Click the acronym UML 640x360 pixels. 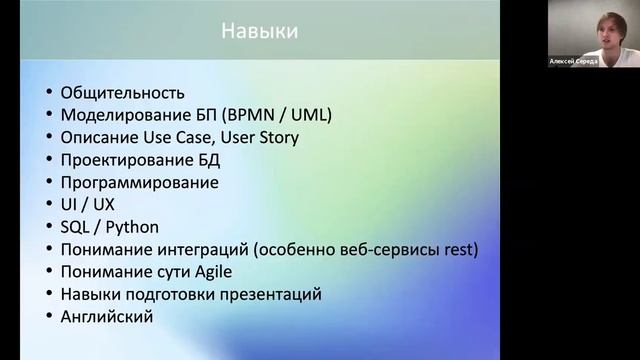(x=310, y=115)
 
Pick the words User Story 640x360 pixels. (x=264, y=138)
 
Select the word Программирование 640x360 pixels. (x=139, y=183)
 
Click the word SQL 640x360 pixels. (x=76, y=227)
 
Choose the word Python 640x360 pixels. (x=133, y=227)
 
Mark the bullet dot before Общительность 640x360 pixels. (x=50, y=94)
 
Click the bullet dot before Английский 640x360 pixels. (x=50, y=317)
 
